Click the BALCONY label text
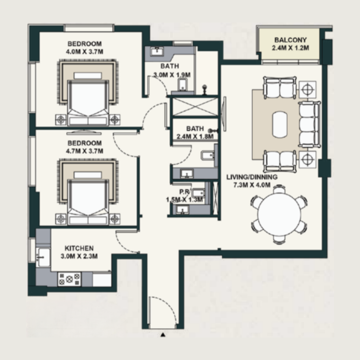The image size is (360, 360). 290,40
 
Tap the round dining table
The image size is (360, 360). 279,214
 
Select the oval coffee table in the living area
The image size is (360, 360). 279,124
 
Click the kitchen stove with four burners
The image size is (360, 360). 69,279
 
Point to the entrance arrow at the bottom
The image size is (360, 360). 163,335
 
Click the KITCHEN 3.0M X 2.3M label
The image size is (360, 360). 79,252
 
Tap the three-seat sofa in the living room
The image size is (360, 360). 309,124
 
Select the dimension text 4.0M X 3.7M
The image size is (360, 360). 85,52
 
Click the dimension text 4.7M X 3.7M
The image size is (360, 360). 85,151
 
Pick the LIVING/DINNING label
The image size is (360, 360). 252,177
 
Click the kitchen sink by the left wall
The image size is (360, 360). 43,257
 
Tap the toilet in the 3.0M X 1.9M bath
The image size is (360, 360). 183,84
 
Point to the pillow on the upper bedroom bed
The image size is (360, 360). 88,76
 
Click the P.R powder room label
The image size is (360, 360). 184,191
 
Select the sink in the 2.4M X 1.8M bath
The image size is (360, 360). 187,174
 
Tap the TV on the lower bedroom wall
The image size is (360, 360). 84,132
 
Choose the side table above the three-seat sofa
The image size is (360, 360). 307,90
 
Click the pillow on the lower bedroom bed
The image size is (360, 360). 88,175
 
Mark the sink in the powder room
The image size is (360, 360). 183,210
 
